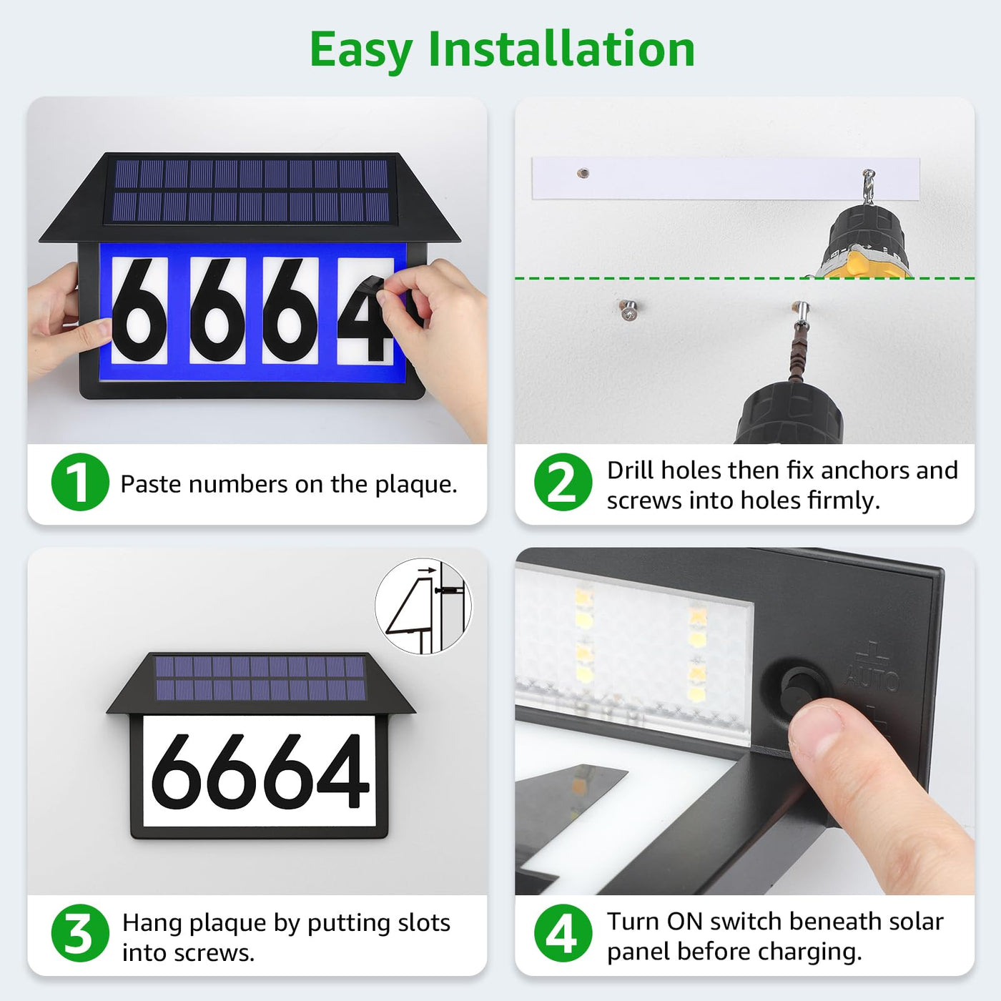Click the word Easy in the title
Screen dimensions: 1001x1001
[x=361, y=50]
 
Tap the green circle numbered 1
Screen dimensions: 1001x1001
[x=80, y=481]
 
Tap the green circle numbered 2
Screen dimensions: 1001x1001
[x=563, y=481]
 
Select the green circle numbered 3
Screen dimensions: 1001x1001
[x=80, y=933]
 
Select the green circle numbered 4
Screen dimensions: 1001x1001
[x=563, y=933]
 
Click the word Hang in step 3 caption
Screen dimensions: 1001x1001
[x=152, y=924]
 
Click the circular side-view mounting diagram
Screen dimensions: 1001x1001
[x=423, y=606]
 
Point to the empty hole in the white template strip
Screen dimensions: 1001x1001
[x=583, y=173]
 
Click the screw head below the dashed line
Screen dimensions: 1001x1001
[x=628, y=310]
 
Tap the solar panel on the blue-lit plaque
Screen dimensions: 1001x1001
[x=251, y=190]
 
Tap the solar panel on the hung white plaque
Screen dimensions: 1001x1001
[x=260, y=678]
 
